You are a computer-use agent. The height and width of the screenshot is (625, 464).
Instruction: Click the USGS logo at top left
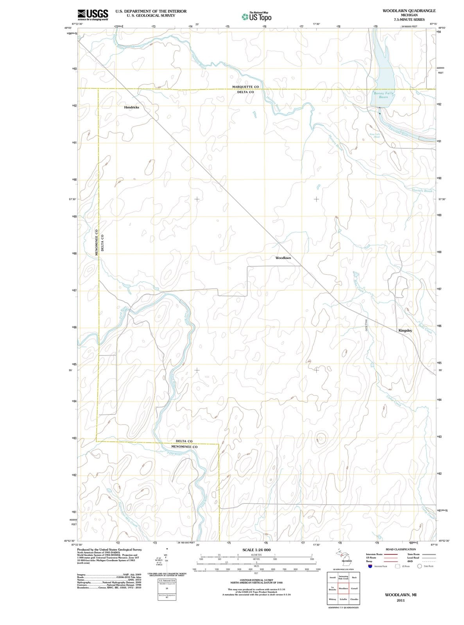tap(93, 15)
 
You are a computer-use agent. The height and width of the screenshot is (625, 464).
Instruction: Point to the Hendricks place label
tap(131, 107)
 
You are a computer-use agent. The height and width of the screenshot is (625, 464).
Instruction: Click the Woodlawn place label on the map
tap(283, 258)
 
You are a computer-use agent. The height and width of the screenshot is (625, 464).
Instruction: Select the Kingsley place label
tap(405, 330)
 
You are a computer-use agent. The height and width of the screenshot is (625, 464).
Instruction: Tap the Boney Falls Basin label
tap(383, 95)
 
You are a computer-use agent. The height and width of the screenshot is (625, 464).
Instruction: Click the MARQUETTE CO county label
tap(245, 87)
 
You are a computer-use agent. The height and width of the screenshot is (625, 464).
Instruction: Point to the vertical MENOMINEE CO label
tap(97, 241)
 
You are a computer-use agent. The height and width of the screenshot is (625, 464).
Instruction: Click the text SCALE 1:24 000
tap(256, 550)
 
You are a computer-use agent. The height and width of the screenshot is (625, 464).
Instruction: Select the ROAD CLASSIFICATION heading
tap(401, 550)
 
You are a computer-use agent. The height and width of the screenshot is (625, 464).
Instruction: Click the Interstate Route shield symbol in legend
tap(369, 566)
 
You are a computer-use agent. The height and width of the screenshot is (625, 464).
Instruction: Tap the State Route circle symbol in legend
tap(420, 566)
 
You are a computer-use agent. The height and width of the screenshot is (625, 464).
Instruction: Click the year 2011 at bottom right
tap(400, 600)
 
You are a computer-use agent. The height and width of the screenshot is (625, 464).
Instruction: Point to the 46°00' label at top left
tap(68, 28)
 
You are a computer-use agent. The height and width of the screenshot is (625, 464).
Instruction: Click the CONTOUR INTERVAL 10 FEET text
tap(256, 580)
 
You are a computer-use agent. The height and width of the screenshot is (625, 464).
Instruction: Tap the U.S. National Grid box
tap(167, 581)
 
